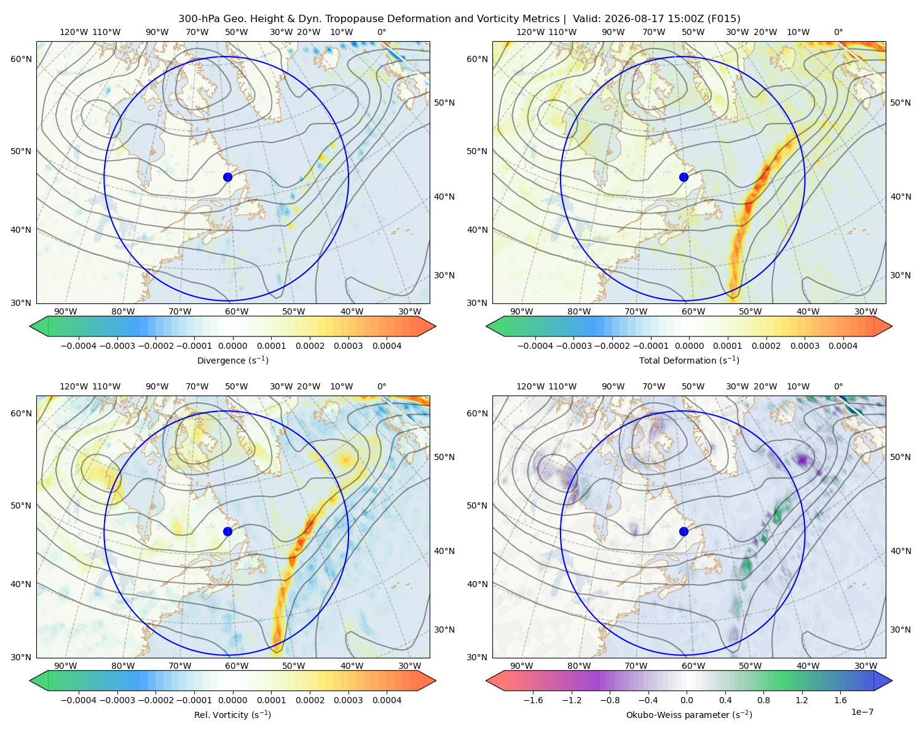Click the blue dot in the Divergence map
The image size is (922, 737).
[227, 177]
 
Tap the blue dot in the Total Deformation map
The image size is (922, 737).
[684, 177]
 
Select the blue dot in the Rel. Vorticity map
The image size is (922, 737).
[227, 531]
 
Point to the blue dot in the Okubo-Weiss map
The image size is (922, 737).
[684, 531]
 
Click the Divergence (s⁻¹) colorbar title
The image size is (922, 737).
[232, 361]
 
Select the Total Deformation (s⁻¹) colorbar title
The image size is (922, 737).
[689, 361]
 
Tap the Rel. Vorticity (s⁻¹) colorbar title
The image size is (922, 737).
[232, 715]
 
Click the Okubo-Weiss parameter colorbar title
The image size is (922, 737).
[689, 715]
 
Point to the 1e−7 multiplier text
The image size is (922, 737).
[862, 712]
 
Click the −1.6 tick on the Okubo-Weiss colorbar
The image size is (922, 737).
[533, 700]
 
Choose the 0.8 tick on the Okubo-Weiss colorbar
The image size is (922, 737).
[763, 700]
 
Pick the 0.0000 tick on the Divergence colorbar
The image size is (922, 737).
[232, 346]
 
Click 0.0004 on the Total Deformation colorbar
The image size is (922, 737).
[843, 346]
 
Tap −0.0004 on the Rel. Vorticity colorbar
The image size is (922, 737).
[79, 700]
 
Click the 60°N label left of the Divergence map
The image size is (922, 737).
[21, 59]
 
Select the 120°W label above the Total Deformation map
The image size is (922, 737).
[530, 32]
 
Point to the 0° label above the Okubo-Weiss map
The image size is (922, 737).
[838, 386]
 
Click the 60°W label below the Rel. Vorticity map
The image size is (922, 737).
[237, 666]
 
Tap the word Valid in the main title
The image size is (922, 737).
[584, 19]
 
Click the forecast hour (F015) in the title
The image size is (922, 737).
[723, 19]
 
